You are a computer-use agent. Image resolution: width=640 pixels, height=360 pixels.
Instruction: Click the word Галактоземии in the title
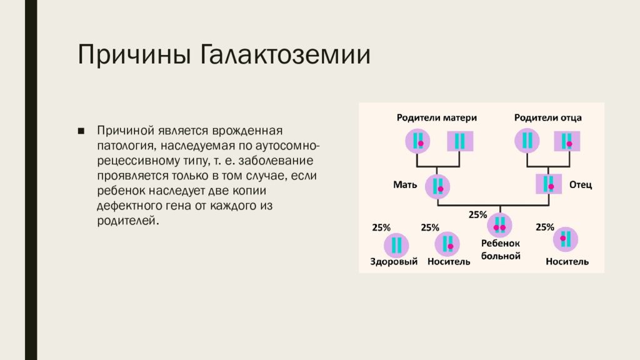click(285, 55)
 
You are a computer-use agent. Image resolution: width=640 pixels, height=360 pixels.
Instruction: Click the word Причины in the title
click(134, 55)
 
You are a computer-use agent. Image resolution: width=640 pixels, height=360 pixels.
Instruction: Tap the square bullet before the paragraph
click(81, 131)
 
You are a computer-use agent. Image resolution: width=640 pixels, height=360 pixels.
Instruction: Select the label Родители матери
click(437, 118)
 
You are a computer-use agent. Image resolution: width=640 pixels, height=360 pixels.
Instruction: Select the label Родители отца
click(547, 118)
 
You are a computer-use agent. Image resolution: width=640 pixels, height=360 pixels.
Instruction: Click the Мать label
click(405, 185)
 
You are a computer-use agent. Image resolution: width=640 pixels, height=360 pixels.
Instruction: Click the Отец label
click(581, 185)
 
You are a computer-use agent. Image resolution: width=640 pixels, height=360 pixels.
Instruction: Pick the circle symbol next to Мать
click(437, 186)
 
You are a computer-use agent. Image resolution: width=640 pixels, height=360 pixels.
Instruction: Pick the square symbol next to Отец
click(549, 184)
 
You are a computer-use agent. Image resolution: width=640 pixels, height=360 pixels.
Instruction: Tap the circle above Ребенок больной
click(499, 225)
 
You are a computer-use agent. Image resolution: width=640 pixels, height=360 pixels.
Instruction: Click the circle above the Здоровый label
click(396, 245)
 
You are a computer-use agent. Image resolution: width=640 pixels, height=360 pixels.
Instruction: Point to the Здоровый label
click(394, 262)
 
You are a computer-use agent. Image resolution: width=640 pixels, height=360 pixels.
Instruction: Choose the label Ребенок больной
click(501, 250)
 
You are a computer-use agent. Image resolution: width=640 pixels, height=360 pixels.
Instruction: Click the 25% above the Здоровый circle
click(381, 227)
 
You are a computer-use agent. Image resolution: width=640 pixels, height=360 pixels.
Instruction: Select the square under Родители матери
click(460, 141)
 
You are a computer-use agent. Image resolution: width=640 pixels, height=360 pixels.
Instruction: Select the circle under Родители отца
click(527, 141)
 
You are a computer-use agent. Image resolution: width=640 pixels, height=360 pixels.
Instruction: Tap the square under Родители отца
click(567, 141)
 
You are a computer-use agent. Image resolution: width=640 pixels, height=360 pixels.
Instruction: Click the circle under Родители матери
click(417, 141)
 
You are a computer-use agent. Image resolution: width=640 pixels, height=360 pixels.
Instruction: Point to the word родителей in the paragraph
click(126, 221)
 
